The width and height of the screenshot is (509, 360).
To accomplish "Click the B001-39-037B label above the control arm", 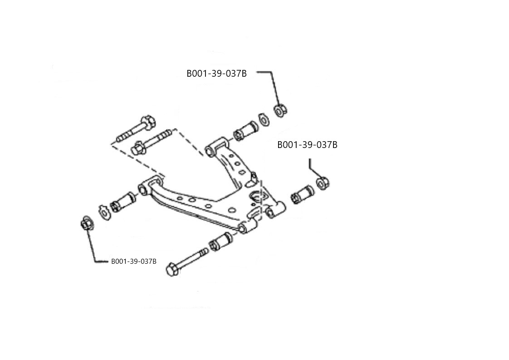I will coord(216,74).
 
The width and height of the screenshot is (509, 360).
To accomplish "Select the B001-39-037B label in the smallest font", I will coord(133,261).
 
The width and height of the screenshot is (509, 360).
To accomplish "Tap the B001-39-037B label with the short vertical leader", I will coord(307,145).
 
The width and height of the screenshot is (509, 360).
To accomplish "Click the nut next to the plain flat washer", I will coord(280,110).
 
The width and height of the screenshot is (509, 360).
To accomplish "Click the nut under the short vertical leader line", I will coord(323,183).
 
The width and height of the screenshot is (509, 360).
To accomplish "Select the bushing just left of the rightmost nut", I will coord(302,195).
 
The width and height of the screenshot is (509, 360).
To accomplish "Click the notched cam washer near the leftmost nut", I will coord(104,212).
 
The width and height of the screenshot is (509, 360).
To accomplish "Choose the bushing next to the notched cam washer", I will coord(123,202).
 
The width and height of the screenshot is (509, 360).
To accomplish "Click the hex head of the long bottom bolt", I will coord(171,270).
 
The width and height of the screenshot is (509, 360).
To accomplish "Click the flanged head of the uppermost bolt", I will coord(148,121).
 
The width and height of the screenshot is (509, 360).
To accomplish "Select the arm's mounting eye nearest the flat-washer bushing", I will coord(211,149).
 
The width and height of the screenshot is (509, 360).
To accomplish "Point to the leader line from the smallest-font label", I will coord(94,247).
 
